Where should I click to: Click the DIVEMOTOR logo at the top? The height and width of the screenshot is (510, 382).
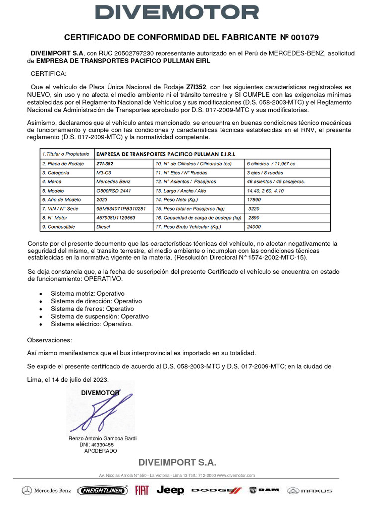tap(191, 12)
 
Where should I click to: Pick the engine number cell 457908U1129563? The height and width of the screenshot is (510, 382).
tap(117, 218)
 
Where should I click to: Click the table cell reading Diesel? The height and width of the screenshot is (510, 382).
tap(103, 227)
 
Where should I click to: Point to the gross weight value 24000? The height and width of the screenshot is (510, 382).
tap(254, 227)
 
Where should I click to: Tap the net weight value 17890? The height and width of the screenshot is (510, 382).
tap(254, 199)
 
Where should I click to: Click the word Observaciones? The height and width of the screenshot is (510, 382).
tap(50, 340)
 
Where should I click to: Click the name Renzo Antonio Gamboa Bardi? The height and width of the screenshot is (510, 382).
tap(102, 438)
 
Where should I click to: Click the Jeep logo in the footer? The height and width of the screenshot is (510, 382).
tap(170, 491)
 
